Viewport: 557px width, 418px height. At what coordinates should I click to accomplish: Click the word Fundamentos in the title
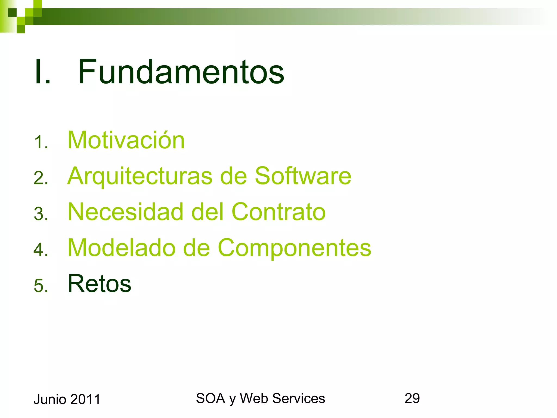tap(181, 72)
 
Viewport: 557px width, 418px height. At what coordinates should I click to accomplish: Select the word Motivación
tap(126, 140)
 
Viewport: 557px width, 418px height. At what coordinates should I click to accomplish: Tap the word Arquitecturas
tap(140, 176)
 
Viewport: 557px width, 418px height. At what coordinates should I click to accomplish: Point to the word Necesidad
tap(125, 212)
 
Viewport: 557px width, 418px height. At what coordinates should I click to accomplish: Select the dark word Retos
tap(99, 284)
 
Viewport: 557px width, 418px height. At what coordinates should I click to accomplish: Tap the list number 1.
tap(41, 142)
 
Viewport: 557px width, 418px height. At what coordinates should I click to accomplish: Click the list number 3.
tap(41, 214)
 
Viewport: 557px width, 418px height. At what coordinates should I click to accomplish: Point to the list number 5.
tap(41, 286)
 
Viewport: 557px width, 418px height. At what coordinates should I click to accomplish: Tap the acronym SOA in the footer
tap(210, 398)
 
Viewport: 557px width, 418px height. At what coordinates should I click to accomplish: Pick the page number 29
tap(412, 398)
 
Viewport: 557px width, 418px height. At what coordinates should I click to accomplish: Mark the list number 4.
tap(41, 250)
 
